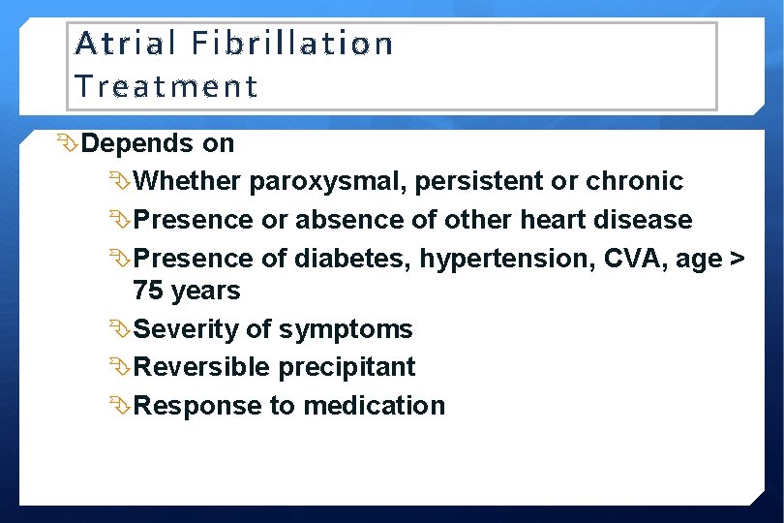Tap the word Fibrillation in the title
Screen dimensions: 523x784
[x=291, y=44]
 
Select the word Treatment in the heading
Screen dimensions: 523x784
[x=166, y=86]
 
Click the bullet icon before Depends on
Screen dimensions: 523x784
[x=70, y=143]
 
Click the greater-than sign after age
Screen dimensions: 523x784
[x=736, y=260]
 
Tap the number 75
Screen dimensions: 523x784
[x=149, y=291]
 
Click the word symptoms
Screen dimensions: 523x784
[x=346, y=330]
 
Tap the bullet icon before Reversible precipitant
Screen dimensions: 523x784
[x=120, y=367]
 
